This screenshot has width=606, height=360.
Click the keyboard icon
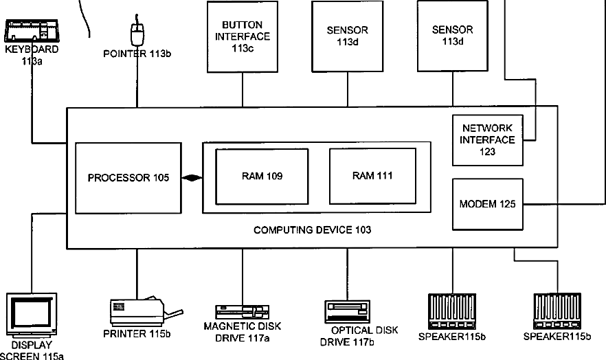(32, 31)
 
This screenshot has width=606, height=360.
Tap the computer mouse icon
(137, 33)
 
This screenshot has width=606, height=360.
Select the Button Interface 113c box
(243, 36)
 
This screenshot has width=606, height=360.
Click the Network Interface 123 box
(488, 140)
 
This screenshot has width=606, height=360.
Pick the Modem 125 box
(488, 204)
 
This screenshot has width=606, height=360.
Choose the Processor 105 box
(128, 178)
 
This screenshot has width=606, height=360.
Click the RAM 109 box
(262, 176)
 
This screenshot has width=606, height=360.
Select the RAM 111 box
(372, 176)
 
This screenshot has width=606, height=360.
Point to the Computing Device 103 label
(312, 230)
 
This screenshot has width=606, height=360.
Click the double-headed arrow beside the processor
(192, 178)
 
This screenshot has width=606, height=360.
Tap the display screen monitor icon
(32, 314)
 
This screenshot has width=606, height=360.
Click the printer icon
(146, 311)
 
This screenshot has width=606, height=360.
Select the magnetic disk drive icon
(243, 312)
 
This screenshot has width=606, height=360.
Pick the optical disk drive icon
(348, 312)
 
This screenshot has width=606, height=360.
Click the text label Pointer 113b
(137, 54)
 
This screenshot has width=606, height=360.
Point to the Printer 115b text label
(137, 333)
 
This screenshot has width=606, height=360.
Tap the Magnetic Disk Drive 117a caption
(243, 333)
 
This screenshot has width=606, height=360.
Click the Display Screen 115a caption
(32, 350)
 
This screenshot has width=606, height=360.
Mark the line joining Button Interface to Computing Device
(243, 89)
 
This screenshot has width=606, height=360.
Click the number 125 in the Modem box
(508, 204)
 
